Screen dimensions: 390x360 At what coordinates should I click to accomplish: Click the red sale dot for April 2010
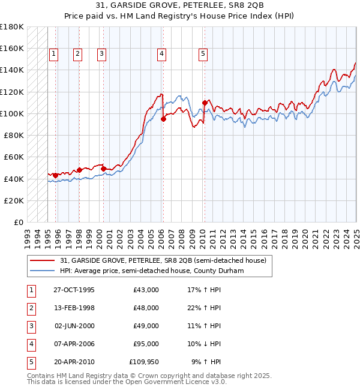click(x=205, y=103)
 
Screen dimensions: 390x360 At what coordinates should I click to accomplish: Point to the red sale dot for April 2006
click(x=163, y=119)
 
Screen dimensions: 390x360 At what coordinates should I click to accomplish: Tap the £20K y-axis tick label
click(x=15, y=200)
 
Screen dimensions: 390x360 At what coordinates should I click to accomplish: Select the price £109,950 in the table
click(x=144, y=362)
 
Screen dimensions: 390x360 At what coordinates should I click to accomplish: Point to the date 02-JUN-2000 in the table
click(x=74, y=326)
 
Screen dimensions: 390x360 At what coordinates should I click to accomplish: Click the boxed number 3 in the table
click(x=31, y=326)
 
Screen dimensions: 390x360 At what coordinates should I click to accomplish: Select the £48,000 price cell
click(x=146, y=308)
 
